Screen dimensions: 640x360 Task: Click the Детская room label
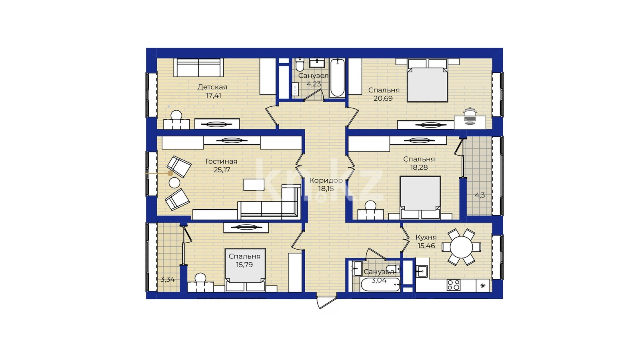click(x=212, y=87)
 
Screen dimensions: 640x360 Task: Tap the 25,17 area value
click(x=222, y=170)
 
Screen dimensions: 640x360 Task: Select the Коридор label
click(x=326, y=180)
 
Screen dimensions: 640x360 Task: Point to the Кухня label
click(x=426, y=238)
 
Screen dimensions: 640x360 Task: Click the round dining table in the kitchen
click(x=461, y=246)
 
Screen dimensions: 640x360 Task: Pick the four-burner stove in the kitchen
click(x=454, y=285)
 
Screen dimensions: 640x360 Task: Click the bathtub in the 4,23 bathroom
click(x=338, y=78)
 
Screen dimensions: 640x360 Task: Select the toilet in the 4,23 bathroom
click(x=300, y=65)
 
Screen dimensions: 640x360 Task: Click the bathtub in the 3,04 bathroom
click(x=380, y=284)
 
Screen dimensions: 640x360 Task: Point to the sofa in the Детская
click(x=198, y=68)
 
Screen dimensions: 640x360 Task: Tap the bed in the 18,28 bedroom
click(x=420, y=198)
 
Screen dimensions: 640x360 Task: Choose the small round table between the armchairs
click(x=174, y=182)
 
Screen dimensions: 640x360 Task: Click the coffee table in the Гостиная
click(x=254, y=184)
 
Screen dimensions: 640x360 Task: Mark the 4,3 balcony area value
click(x=480, y=196)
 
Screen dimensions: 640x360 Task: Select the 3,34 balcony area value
click(x=168, y=280)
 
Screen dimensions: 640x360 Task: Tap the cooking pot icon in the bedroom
click(x=470, y=116)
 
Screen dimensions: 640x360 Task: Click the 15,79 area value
click(x=244, y=265)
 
